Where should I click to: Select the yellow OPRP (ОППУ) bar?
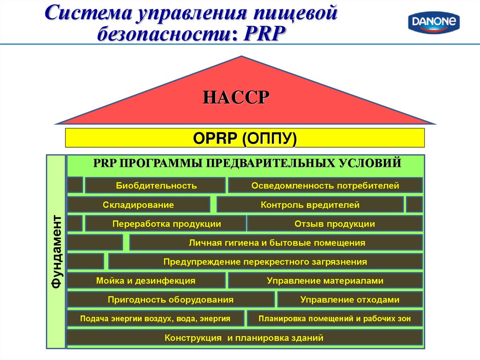point(244,138)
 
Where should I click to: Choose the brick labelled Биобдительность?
point(156,186)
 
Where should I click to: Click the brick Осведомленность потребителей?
point(325,186)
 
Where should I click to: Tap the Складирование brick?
point(138,205)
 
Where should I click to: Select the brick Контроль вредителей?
point(310,205)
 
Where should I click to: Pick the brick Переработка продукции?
point(166,224)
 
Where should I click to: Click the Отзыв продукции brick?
point(335,224)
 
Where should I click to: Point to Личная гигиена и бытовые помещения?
point(276,243)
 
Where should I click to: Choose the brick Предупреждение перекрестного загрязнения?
point(265,262)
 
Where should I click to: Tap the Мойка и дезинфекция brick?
point(146,281)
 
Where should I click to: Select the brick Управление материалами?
point(325,281)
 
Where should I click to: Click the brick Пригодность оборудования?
point(171,300)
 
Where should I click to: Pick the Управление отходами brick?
point(350,300)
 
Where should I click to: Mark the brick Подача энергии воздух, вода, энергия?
point(156,319)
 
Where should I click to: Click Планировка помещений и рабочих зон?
point(335,319)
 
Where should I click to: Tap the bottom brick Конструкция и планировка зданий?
point(244,337)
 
